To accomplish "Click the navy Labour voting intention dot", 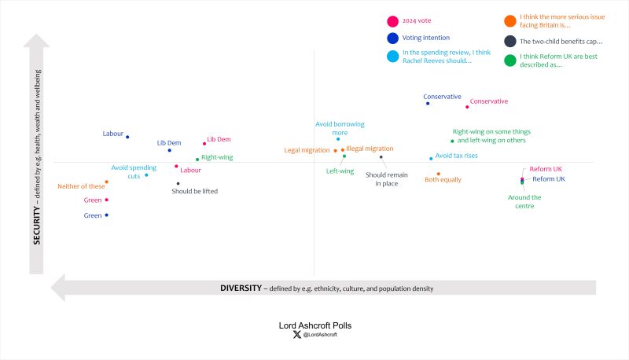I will coord(127,137).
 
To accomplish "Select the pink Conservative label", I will coord(488,101).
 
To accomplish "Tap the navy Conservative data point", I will coord(427,103).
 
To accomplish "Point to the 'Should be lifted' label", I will coord(195,191).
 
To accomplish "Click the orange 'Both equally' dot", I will coord(438,174).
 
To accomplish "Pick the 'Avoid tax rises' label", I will coord(457,156).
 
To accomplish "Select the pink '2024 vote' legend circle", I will coord(392,21).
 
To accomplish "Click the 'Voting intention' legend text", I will coord(425,37).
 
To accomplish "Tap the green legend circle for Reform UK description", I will coord(510,61).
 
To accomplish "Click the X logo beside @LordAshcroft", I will coord(296,334).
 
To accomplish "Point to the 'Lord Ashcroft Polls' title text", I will coord(314,324).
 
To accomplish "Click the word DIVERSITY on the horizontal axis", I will coord(241,288).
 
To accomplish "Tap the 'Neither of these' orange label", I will coord(81,186).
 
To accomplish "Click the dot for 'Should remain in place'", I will coord(381,157).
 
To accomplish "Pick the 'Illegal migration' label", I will coord(370,149).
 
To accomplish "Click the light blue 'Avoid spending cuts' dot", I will coord(146,174).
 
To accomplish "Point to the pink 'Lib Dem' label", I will coord(219,140).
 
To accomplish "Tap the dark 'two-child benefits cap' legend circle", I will coord(510,41).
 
